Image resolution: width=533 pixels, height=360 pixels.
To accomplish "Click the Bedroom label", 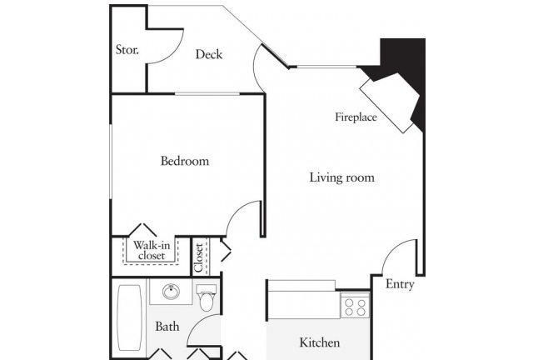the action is click(x=185, y=161).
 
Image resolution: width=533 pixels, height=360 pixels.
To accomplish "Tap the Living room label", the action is click(x=342, y=177).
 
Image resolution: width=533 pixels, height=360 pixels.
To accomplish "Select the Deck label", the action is click(x=209, y=54).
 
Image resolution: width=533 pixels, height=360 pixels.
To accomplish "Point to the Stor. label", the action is click(x=127, y=50).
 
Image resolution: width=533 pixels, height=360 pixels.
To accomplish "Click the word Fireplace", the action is click(x=356, y=117).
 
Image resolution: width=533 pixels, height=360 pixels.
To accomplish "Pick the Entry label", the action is click(x=400, y=284).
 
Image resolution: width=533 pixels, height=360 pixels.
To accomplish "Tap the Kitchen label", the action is click(x=319, y=342).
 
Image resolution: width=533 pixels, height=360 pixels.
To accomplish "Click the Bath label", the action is click(x=167, y=327).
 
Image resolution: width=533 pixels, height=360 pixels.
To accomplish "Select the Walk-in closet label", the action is click(x=152, y=250).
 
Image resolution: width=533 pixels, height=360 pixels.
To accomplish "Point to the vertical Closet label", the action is click(x=199, y=257).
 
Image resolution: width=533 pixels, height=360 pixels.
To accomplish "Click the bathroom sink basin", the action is click(x=171, y=292).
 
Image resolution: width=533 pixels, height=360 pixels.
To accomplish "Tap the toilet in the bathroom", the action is click(x=207, y=297).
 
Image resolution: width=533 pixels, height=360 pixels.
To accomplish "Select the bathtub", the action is click(x=130, y=317).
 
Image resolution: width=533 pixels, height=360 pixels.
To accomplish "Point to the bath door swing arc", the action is click(x=197, y=322).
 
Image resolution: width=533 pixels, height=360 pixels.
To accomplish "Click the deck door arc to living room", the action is click(x=255, y=67).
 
